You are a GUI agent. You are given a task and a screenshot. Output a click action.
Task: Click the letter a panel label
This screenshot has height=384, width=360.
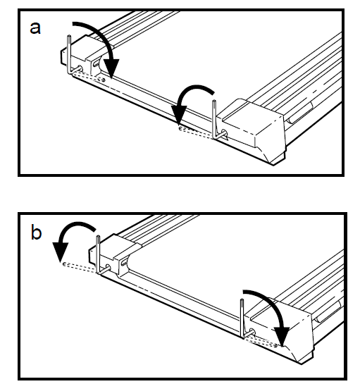click(35, 28)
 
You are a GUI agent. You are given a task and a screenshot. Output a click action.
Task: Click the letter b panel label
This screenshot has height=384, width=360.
click(36, 233)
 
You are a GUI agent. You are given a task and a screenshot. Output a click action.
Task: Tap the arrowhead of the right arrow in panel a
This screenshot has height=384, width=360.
click(179, 115)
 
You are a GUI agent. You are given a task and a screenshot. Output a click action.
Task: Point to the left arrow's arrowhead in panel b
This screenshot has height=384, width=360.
click(60, 252)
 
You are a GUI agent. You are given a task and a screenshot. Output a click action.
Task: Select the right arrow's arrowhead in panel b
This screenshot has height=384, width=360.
click(282, 336)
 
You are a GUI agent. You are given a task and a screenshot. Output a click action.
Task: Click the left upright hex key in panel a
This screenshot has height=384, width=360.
click(69, 54)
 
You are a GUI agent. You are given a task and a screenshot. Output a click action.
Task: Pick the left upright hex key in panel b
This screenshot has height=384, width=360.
click(98, 254)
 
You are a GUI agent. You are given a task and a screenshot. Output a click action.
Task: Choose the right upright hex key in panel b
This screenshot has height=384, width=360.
click(242, 318)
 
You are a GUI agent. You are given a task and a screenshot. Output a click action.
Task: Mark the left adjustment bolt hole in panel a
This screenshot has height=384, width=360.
click(80, 68)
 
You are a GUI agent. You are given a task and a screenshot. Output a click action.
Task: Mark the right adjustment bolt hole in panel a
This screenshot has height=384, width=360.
click(225, 133)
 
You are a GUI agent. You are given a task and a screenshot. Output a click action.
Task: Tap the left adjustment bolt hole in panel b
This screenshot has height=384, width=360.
click(108, 267)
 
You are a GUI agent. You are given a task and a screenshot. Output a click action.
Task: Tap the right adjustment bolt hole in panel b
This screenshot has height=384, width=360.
click(252, 332)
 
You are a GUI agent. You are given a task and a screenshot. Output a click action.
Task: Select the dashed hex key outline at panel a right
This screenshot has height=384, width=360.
click(196, 132)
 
